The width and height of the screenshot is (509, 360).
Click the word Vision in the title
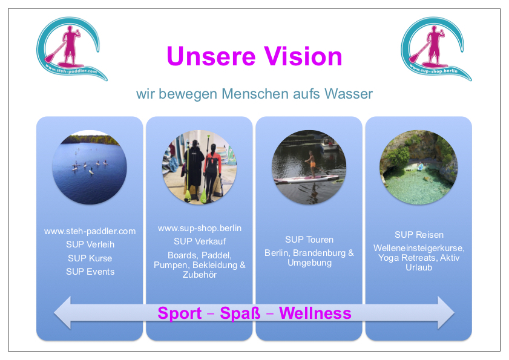click(303, 56)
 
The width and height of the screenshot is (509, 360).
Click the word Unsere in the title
click(211, 56)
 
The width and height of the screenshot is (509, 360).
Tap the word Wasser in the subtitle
click(349, 94)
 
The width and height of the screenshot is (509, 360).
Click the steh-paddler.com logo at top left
click(72, 48)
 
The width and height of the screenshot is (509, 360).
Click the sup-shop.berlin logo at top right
click(436, 48)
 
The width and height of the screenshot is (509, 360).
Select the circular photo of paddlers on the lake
click(89, 167)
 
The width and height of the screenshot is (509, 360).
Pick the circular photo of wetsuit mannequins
click(199, 167)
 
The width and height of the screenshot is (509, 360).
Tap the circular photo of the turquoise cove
click(418, 167)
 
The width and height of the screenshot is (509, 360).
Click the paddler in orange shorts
click(311, 164)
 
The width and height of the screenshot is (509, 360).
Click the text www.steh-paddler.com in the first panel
click(90, 231)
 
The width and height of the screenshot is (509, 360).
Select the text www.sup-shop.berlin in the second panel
click(200, 228)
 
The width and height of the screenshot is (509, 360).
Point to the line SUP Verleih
click(90, 244)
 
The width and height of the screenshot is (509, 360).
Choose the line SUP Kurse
click(90, 258)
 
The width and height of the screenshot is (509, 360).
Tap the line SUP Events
click(90, 272)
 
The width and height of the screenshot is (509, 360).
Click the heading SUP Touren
click(309, 240)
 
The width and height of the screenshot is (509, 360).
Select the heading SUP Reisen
click(419, 235)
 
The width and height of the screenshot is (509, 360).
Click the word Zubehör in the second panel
click(200, 275)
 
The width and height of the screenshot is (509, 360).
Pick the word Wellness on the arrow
click(315, 313)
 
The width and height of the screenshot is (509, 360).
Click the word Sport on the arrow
click(180, 313)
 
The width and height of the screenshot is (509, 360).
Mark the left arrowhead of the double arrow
click(62, 313)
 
